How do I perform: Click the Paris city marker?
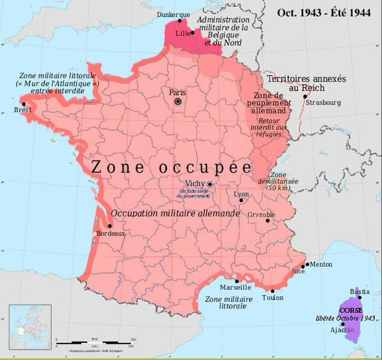[179, 101]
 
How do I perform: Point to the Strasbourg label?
[323, 102]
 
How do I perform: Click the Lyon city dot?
[241, 200]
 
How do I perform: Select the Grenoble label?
[261, 214]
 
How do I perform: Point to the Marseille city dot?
[237, 280]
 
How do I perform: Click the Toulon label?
[272, 297]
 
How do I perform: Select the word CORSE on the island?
[351, 310]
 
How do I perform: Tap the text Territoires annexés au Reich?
[306, 83]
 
